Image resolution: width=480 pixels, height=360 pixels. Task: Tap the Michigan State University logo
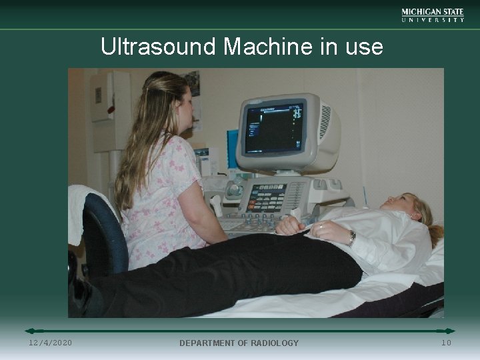[433, 15]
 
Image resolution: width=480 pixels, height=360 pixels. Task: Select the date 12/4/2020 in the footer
[51, 343]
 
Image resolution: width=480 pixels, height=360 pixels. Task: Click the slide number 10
[446, 343]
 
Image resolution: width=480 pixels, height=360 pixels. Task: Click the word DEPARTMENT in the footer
[210, 343]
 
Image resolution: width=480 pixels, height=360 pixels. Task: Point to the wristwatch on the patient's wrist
[351, 237]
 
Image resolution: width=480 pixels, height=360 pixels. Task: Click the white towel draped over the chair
[85, 207]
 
